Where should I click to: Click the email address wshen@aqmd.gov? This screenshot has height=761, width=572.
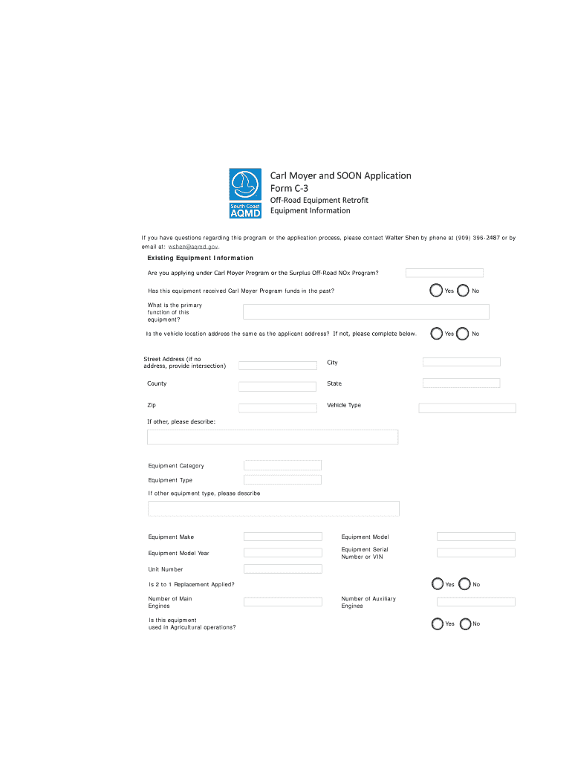point(193,246)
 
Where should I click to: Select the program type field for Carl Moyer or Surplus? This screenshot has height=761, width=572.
point(444,273)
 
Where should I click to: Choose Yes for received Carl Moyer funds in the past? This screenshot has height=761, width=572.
point(436,291)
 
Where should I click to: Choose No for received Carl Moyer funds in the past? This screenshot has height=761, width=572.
point(463,291)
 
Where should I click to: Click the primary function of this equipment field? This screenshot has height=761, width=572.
point(365,311)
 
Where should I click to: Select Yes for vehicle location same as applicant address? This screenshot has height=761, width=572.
point(436,334)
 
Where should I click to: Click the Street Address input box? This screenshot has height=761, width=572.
point(277,366)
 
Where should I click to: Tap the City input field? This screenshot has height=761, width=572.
point(461,362)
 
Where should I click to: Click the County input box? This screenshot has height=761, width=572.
point(277,386)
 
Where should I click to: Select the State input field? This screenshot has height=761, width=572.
point(461,383)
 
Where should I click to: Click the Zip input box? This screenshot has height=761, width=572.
point(277,408)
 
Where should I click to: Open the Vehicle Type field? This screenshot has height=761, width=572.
point(467,408)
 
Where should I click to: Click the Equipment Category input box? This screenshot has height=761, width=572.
point(282,465)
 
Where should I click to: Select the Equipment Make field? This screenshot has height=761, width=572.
point(282,537)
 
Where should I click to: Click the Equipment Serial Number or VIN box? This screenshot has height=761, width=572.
point(475,553)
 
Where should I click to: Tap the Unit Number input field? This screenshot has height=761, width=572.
point(282,569)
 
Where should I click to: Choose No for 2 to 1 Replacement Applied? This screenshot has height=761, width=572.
point(465,584)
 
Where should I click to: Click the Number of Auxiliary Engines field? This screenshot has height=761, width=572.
point(475,602)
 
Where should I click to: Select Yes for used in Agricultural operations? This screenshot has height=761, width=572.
point(438,624)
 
